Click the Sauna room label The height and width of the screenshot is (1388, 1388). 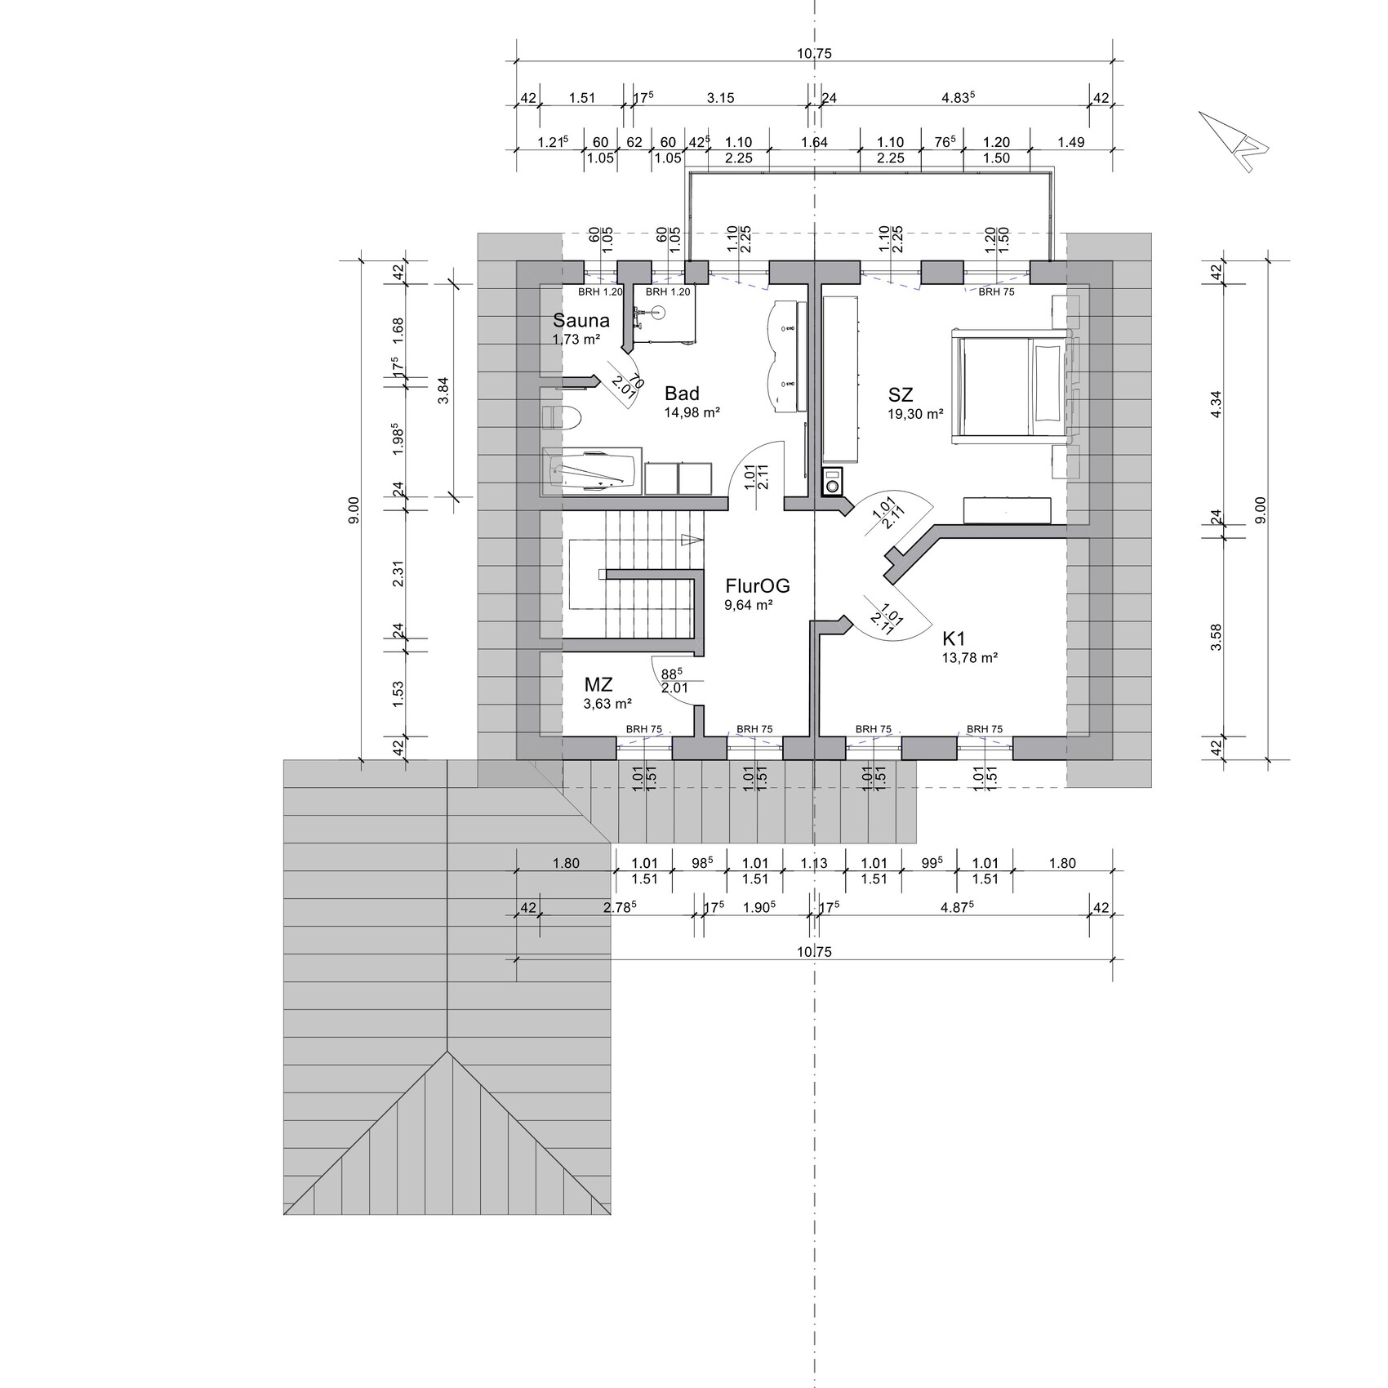coord(581,320)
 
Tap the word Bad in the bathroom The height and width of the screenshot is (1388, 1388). coord(682,394)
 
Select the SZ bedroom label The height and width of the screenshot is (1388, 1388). coord(901,396)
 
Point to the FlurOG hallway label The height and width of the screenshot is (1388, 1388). coord(758,585)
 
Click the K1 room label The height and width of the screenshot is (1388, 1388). coord(954,638)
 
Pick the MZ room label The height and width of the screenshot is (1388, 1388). coord(598,683)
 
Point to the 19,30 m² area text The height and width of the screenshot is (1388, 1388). coord(915,414)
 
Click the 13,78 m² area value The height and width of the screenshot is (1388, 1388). coord(970,657)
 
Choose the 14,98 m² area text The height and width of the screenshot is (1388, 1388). coord(692,412)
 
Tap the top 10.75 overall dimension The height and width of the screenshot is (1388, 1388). coord(814,54)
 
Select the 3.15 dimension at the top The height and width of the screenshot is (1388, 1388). coord(720,98)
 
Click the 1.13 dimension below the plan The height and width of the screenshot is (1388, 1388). coord(814,863)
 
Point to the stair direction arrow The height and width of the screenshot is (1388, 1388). coord(692,539)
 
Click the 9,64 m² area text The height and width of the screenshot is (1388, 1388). coord(749,605)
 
